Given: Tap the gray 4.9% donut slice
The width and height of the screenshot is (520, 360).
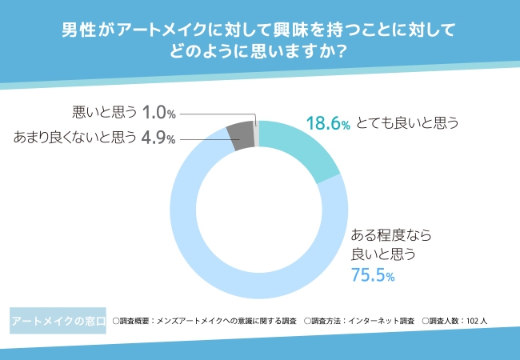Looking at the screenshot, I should tap(239, 135).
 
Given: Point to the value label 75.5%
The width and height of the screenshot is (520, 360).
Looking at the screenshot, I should tap(374, 275).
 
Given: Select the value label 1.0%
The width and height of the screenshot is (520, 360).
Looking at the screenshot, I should tap(159, 113).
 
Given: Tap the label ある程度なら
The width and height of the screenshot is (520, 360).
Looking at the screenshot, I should tap(392, 235).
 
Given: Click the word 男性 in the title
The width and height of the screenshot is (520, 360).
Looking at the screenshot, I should tap(77, 30).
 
